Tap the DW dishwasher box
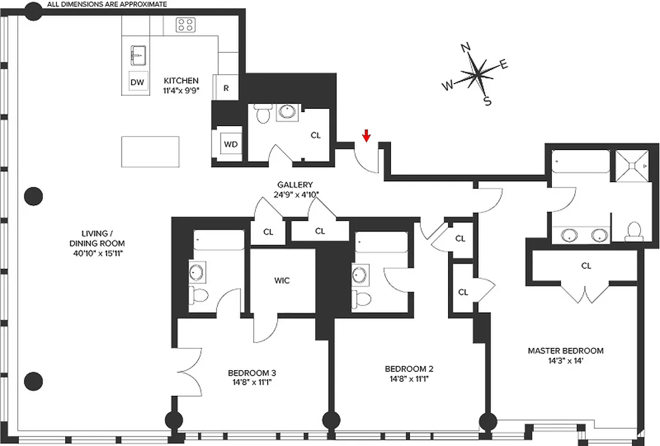coord(137,83)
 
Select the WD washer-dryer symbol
coord(231,144)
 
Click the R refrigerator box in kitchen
coord(227,88)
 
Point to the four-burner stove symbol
coord(185,25)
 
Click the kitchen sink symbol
coord(137,55)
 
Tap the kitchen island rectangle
coord(151,151)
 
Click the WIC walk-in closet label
coord(282,280)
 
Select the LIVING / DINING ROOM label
coord(97,244)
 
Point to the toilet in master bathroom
coord(634,231)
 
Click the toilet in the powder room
coord(262,115)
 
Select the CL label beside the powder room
coord(316,135)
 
